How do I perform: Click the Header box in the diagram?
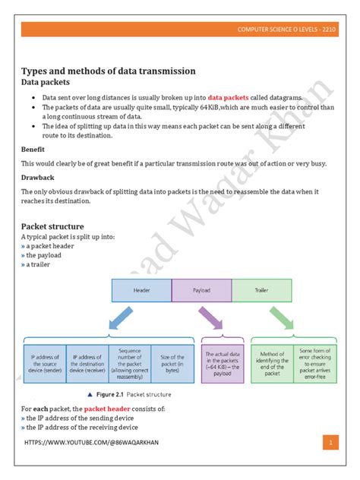tap(141, 290)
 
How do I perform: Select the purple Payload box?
tap(201, 290)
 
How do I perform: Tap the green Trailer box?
tap(261, 290)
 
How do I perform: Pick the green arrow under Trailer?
tap(274, 320)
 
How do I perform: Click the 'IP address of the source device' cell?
tap(45, 362)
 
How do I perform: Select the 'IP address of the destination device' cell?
tap(87, 362)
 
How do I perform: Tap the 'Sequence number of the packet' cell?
tap(130, 362)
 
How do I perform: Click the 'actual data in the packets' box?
tap(221, 362)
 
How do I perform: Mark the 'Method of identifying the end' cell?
tap(271, 362)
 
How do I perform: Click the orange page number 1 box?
tap(330, 442)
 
